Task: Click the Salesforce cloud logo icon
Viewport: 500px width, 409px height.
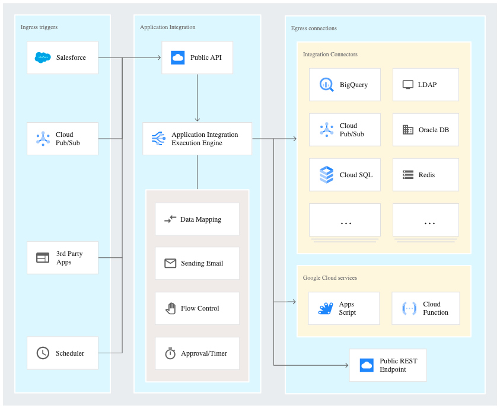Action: click(x=43, y=57)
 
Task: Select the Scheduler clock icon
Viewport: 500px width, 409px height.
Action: click(x=43, y=353)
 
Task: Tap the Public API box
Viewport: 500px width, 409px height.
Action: click(x=197, y=57)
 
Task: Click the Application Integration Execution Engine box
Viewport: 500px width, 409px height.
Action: click(x=197, y=139)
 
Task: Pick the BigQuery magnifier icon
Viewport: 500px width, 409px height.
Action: click(x=326, y=84)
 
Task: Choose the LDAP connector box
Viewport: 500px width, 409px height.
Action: click(x=425, y=84)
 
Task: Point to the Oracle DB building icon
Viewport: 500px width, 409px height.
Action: click(x=407, y=130)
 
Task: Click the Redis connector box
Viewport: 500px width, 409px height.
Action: click(x=425, y=175)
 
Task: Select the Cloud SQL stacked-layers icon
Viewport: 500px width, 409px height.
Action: click(x=326, y=175)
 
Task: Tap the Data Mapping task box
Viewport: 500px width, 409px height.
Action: click(x=197, y=219)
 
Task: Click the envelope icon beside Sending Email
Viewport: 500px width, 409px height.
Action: click(x=170, y=263)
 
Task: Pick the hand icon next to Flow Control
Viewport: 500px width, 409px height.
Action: click(x=170, y=308)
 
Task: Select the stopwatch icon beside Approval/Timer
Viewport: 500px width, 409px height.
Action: click(x=170, y=353)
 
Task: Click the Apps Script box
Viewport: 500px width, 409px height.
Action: click(x=343, y=308)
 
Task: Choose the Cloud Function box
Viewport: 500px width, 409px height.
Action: click(x=425, y=308)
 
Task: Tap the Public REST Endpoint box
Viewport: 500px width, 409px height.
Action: click(x=387, y=365)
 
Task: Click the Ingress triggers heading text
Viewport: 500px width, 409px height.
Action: click(x=39, y=27)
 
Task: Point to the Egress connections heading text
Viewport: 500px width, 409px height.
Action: click(x=314, y=28)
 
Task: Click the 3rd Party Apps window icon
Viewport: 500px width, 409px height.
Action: click(x=43, y=257)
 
